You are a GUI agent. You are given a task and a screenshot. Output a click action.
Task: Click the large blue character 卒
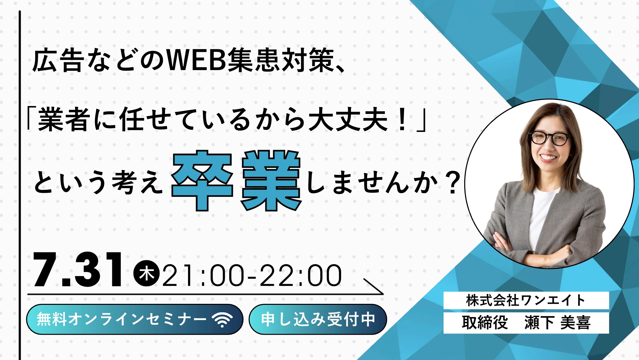[202, 181]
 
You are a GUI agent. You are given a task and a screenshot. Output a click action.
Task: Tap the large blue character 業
[271, 181]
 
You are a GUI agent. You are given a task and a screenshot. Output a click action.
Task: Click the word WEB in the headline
[197, 61]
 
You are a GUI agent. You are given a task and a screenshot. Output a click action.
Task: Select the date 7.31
[78, 270]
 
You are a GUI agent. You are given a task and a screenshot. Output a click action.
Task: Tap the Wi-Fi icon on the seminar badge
[222, 319]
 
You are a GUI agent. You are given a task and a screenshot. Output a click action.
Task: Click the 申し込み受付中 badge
[318, 319]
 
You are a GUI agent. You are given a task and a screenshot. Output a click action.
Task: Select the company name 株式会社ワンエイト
[526, 300]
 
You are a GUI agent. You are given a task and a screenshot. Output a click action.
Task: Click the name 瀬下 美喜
[558, 322]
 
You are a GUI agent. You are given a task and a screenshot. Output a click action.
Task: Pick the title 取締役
[485, 322]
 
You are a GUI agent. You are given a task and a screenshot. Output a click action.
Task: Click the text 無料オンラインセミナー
[122, 319]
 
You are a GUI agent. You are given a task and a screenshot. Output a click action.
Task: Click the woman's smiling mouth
[549, 158]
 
